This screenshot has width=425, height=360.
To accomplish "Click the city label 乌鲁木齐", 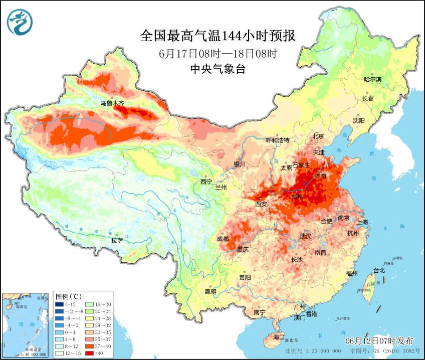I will click(112, 103).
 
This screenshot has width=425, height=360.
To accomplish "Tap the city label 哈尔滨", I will click(372, 79).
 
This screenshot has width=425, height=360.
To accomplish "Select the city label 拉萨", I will click(117, 240).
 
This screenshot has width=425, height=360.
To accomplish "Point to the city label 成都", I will click(224, 239).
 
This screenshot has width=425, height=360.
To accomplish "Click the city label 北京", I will click(319, 136).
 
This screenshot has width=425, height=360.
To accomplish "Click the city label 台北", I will click(379, 270).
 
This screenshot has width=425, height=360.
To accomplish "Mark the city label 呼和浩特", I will click(277, 140).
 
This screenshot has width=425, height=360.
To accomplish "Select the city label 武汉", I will click(305, 236).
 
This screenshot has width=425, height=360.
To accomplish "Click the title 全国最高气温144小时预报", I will click(218, 36).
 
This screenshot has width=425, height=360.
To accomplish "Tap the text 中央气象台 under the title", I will click(218, 69).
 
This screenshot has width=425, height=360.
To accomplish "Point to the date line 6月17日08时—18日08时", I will click(218, 53).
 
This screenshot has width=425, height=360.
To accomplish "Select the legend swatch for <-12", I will click(59, 304).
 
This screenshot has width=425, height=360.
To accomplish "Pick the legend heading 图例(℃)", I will click(69, 296).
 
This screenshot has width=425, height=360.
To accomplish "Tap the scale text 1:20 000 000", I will click(313, 351).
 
